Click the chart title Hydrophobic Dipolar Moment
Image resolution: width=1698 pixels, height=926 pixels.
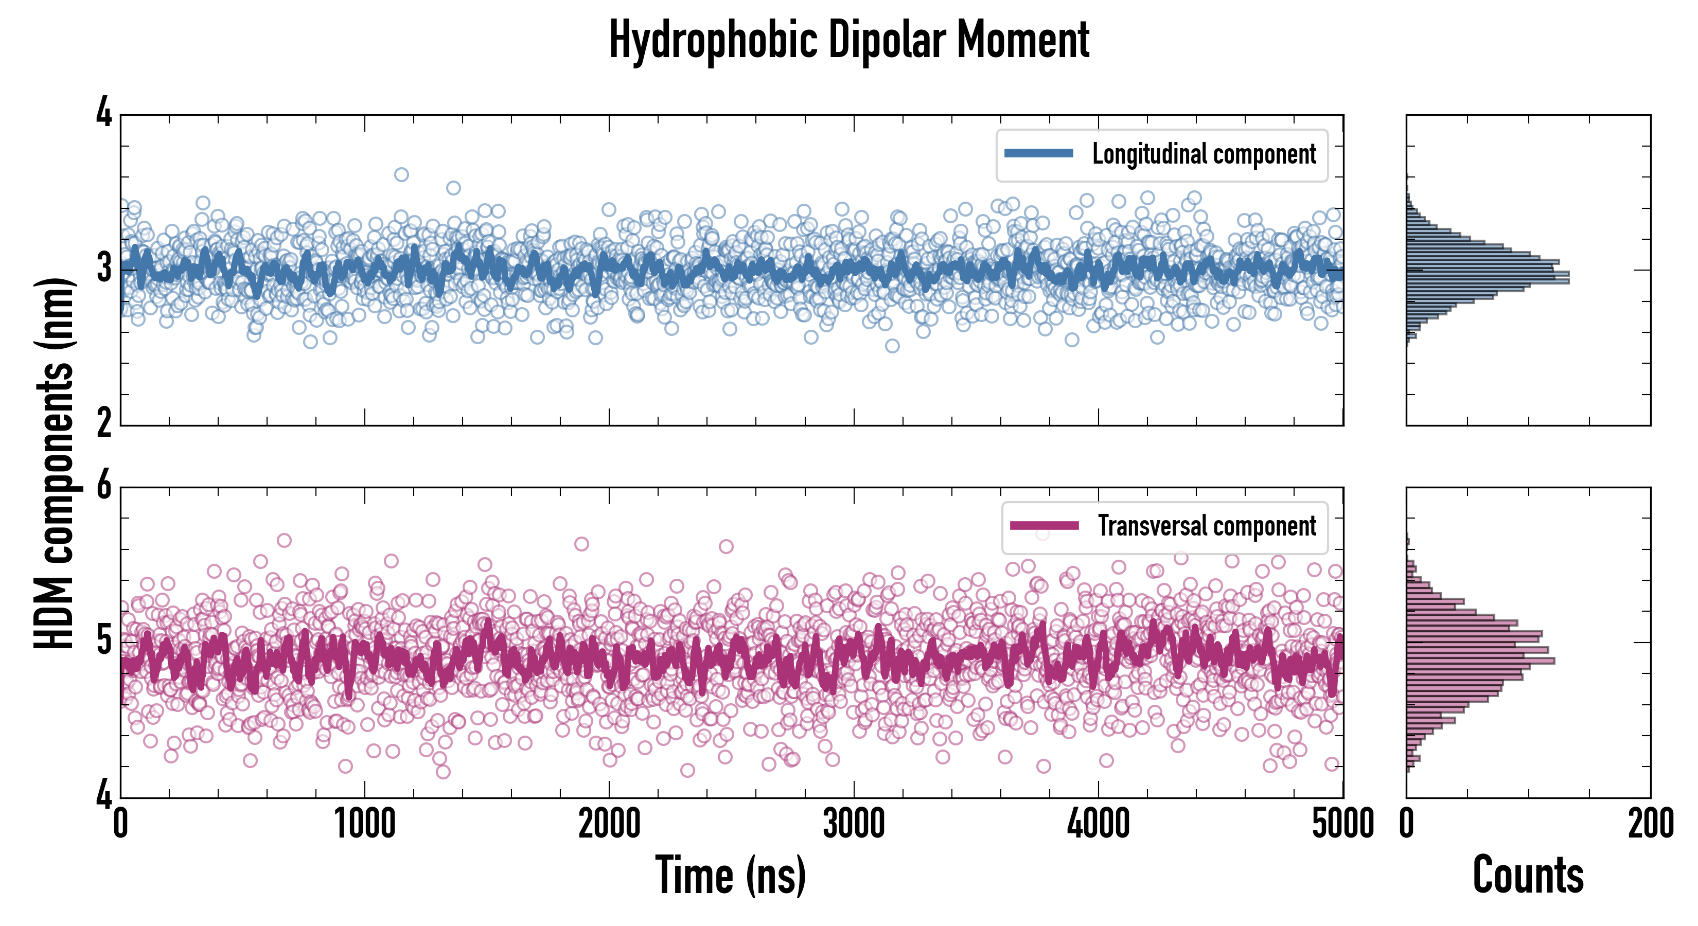pyautogui.click(x=849, y=41)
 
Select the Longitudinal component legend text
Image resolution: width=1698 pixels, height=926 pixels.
pyautogui.click(x=1204, y=154)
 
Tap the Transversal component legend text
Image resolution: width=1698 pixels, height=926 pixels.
pyautogui.click(x=1206, y=526)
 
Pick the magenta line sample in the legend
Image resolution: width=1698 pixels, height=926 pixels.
pyautogui.click(x=1044, y=525)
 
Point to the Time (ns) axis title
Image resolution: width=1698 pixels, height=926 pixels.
pyautogui.click(x=730, y=875)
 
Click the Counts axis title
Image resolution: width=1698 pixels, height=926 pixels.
pyautogui.click(x=1528, y=875)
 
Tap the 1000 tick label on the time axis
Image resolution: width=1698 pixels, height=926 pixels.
pyautogui.click(x=364, y=824)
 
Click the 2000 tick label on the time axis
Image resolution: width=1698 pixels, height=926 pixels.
pyautogui.click(x=609, y=824)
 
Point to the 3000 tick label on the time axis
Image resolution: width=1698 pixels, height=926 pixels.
pyautogui.click(x=854, y=824)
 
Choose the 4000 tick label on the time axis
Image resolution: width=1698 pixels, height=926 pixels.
pyautogui.click(x=1098, y=824)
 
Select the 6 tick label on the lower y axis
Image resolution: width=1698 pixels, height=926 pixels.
pyautogui.click(x=104, y=486)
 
